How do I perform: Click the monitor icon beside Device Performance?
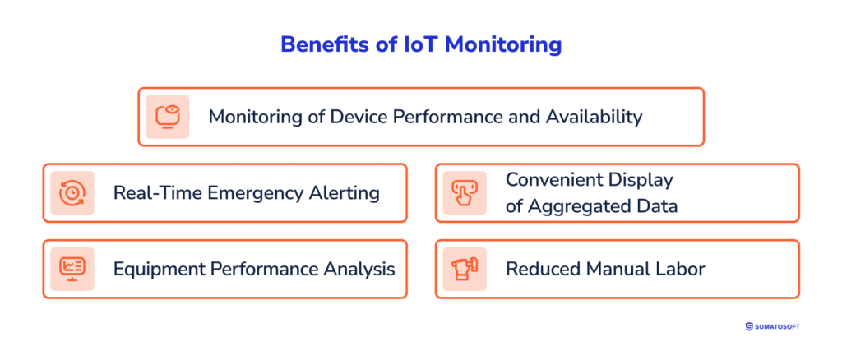tap(168, 117)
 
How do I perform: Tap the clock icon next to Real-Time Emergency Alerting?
tap(72, 193)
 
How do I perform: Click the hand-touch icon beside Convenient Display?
tap(465, 193)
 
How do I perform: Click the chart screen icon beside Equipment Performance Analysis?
tap(72, 269)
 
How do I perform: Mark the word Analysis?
tap(359, 269)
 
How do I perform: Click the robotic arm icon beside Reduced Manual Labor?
tap(465, 269)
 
